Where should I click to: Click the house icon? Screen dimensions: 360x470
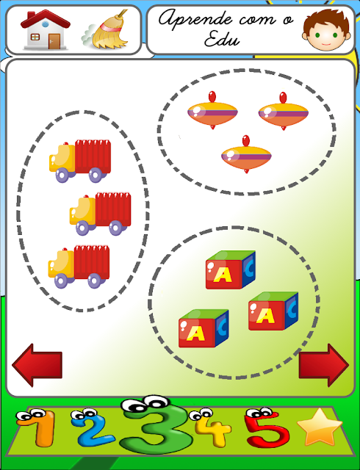click(46, 30)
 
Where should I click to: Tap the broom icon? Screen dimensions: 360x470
click(106, 30)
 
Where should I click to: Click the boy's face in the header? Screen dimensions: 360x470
click(326, 29)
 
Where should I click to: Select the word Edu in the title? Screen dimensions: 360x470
click(222, 39)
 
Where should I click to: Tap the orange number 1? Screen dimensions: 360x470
click(37, 428)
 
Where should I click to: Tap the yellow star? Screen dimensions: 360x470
click(319, 427)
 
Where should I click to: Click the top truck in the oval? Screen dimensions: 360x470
click(80, 161)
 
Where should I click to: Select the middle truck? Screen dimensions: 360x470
click(100, 214)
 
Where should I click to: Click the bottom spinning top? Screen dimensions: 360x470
click(246, 154)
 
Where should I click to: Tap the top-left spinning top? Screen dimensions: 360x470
click(212, 110)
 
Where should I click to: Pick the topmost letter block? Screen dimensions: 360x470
click(231, 270)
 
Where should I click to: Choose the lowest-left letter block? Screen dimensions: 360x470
click(204, 328)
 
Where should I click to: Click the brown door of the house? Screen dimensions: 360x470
click(54, 41)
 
